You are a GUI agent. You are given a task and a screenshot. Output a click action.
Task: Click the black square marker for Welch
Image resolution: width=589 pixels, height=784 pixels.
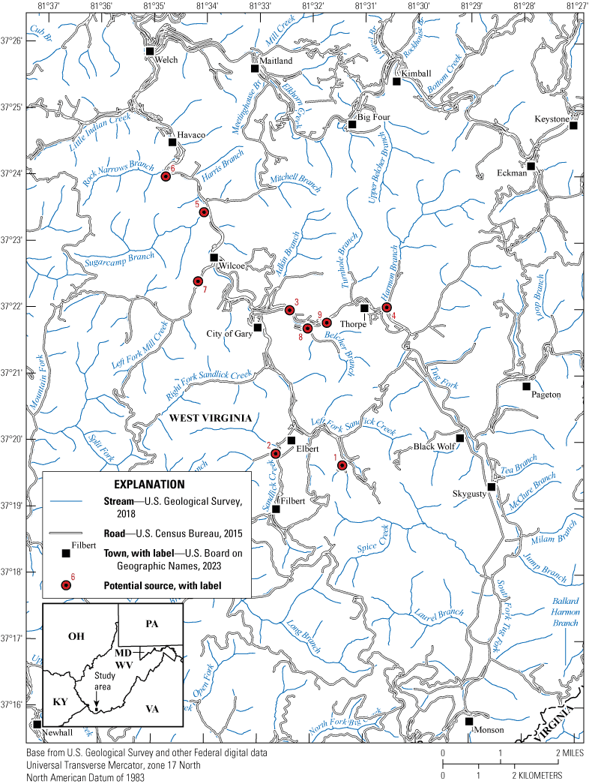click(150, 51)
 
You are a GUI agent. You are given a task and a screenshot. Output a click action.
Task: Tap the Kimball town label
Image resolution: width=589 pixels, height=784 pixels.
click(417, 74)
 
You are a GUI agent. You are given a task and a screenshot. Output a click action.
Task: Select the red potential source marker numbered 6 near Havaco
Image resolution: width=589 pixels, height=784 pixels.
click(166, 176)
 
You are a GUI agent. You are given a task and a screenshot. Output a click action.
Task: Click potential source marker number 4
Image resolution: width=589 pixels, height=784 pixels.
click(387, 307)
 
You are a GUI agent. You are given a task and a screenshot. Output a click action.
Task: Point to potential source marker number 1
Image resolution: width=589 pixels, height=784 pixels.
click(342, 465)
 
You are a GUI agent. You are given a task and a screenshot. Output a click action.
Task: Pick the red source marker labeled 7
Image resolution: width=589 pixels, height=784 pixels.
click(198, 281)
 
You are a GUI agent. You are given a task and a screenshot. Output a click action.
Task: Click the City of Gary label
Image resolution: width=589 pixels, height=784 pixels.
click(229, 335)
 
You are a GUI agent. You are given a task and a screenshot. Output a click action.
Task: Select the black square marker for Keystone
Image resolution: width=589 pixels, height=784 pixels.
click(573, 125)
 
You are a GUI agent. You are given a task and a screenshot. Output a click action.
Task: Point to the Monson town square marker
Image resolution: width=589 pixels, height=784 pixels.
click(469, 721)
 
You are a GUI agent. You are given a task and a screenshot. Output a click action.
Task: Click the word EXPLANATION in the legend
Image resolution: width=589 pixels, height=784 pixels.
click(147, 484)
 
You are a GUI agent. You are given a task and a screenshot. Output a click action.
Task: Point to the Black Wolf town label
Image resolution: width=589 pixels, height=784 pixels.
click(435, 446)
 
